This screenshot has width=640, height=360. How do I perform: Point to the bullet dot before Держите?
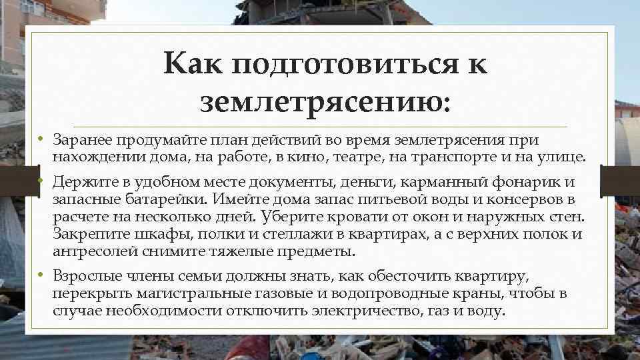(x=41, y=181)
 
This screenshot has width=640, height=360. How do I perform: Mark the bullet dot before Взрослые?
(x=41, y=275)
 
